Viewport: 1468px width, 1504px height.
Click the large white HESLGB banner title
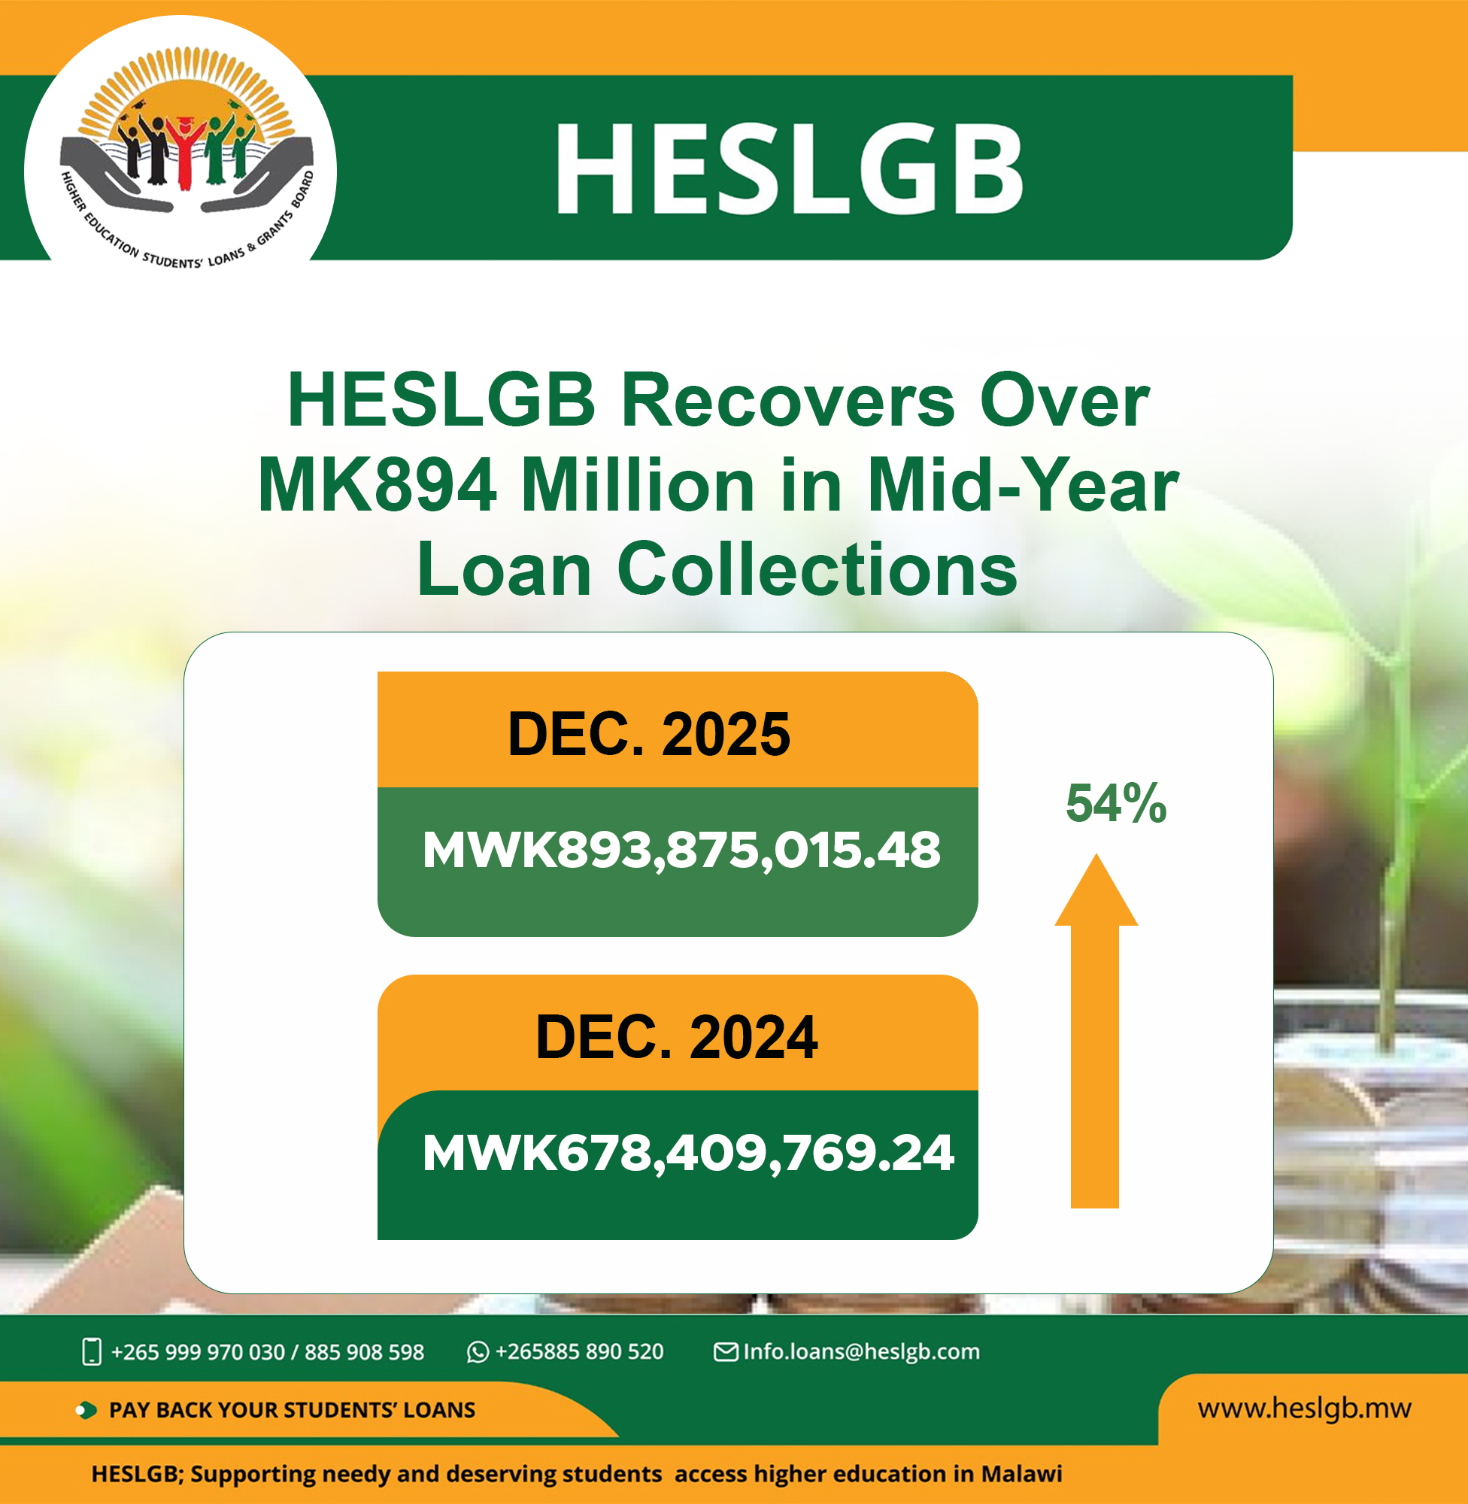point(789,168)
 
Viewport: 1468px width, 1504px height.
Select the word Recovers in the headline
point(788,400)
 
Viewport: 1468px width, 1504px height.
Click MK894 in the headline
point(377,485)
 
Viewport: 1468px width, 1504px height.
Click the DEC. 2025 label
point(649,734)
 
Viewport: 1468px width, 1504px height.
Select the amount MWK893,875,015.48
point(681,851)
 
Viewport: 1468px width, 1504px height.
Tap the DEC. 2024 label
point(677,1037)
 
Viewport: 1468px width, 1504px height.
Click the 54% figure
point(1115,803)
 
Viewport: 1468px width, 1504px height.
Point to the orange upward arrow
point(1096,1031)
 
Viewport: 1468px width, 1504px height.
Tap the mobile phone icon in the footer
point(92,1351)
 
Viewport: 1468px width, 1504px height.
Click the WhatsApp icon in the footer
point(478,1352)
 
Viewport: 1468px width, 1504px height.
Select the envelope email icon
point(726,1351)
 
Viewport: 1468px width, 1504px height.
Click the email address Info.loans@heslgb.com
point(861,1351)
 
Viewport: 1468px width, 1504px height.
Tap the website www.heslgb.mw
point(1305,1408)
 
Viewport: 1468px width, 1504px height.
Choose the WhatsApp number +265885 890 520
point(579,1351)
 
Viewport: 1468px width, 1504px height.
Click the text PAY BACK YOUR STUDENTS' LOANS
point(293,1410)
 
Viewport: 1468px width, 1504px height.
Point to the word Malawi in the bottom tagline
point(1021,1473)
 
